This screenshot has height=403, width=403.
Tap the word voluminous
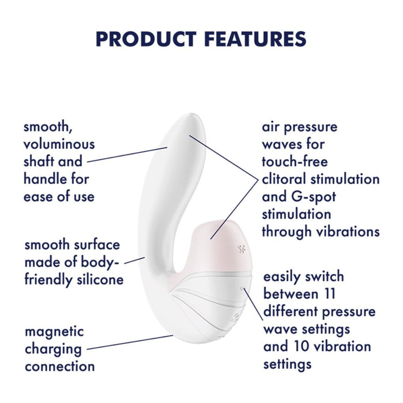(x=59, y=144)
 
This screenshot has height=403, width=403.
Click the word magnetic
(x=54, y=332)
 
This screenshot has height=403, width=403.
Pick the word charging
(x=53, y=349)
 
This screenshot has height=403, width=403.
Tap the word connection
(x=59, y=367)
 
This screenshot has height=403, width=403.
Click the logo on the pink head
(x=241, y=249)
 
